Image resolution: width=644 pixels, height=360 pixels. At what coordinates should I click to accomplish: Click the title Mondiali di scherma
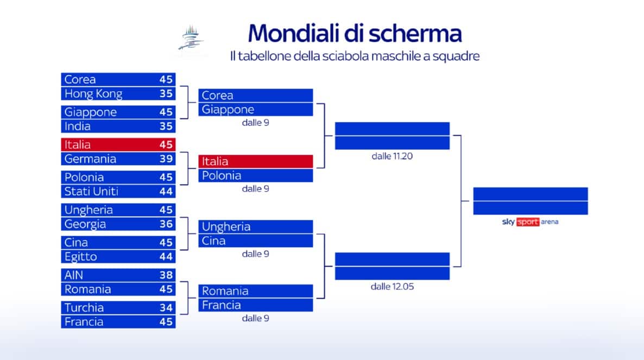pos(355,34)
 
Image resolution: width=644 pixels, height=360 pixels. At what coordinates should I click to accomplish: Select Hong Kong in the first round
pos(93,94)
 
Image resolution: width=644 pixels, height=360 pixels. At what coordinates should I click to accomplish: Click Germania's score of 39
pos(166,159)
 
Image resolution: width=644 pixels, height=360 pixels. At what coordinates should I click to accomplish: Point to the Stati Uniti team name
pos(91,191)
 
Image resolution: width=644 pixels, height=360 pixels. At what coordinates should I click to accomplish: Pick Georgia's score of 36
pos(166,224)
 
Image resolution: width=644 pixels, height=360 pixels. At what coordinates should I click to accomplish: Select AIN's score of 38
pos(166,275)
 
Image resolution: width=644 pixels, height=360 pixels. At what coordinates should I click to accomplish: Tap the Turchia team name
pos(84,307)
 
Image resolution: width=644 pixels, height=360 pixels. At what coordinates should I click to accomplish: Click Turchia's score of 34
pos(166,307)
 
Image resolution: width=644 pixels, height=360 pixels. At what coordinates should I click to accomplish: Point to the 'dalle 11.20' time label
pos(392,156)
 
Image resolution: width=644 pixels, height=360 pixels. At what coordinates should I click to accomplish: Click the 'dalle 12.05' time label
pos(392,286)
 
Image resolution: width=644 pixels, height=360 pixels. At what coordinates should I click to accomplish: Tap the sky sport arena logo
pos(530,222)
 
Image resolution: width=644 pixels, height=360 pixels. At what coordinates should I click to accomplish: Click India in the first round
pos(78,126)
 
